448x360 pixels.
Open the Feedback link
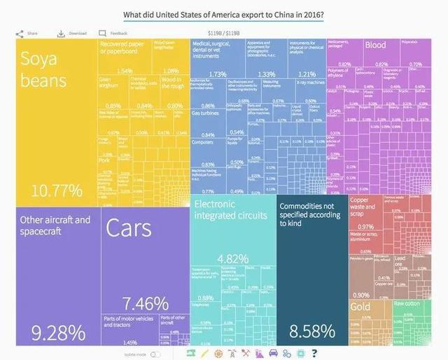[113, 33]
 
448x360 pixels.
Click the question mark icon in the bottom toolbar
[315, 352]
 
